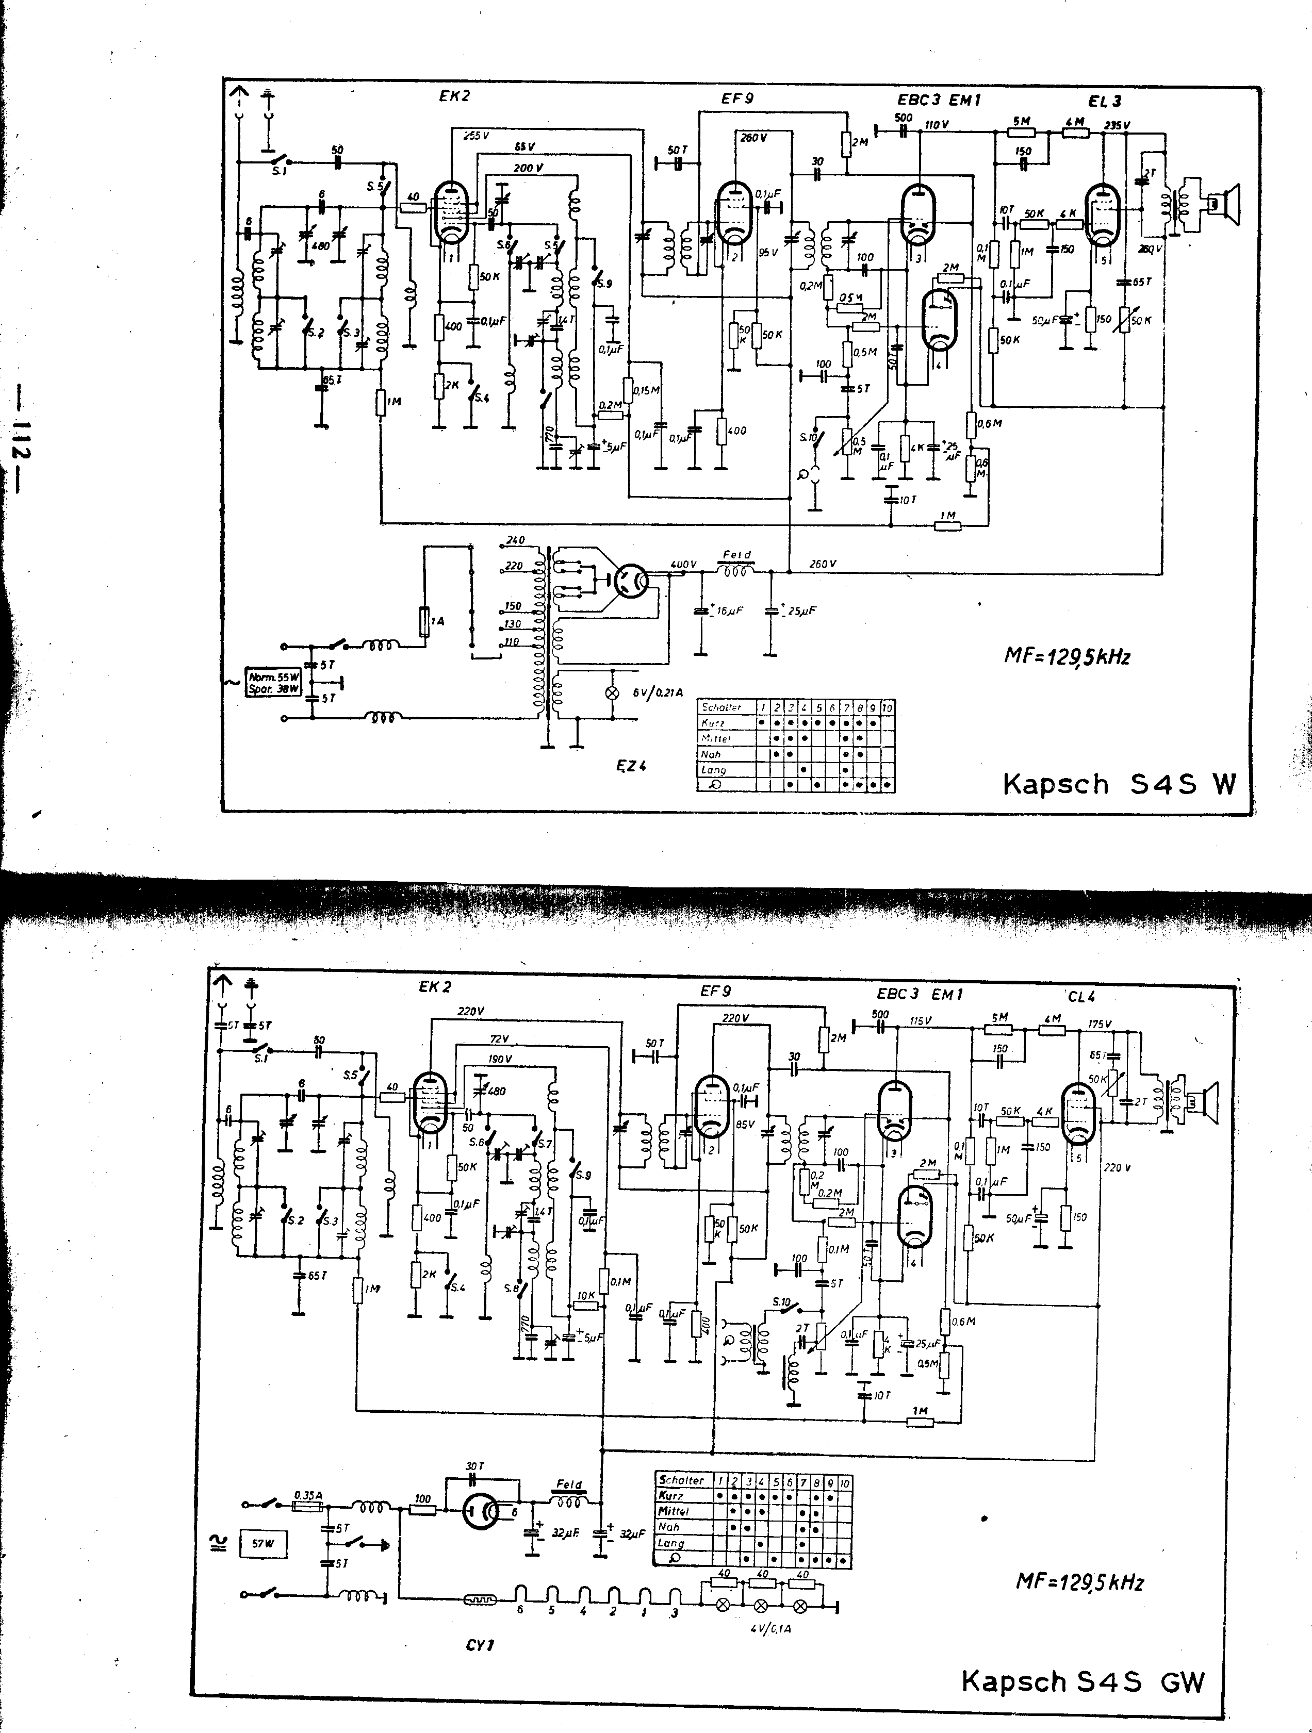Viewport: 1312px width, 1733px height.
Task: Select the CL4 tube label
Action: pyautogui.click(x=1081, y=997)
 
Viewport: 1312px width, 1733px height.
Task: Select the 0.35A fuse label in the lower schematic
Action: pyautogui.click(x=308, y=1495)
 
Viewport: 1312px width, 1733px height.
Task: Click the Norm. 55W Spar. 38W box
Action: pyautogui.click(x=273, y=682)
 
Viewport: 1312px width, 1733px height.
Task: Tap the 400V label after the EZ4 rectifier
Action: pyautogui.click(x=683, y=564)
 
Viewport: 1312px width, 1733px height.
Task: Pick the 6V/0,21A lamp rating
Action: pyautogui.click(x=659, y=692)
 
